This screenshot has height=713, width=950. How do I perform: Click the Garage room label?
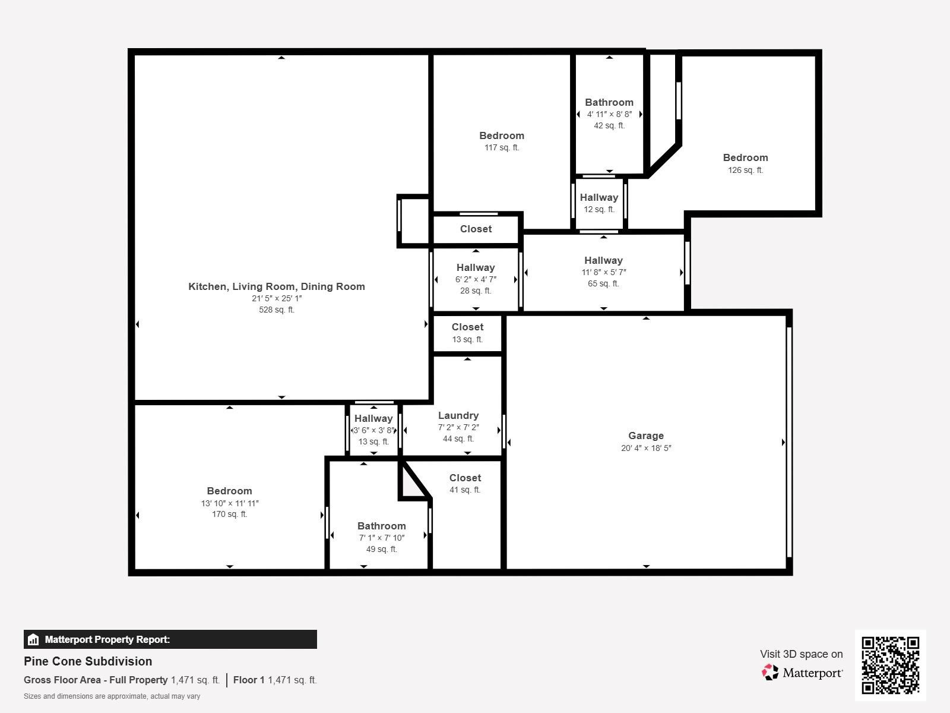(646, 436)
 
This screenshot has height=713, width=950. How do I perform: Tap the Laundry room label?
(458, 415)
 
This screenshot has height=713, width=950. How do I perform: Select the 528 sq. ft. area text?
(277, 310)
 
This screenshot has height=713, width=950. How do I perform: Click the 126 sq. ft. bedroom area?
(745, 170)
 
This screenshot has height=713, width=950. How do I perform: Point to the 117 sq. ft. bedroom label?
(502, 135)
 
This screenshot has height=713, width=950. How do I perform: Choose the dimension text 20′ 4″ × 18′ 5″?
(646, 448)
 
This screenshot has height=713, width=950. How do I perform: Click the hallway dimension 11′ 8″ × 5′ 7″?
(604, 272)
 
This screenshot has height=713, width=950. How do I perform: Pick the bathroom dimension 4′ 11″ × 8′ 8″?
(609, 114)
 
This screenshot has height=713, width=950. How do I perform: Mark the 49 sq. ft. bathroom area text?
(382, 549)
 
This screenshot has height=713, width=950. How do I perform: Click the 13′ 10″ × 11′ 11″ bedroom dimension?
(230, 503)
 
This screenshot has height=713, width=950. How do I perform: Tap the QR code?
(890, 665)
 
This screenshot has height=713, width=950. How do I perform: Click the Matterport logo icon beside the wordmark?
(770, 672)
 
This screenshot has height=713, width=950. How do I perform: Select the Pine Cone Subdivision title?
(88, 661)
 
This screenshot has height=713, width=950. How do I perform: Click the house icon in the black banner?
(33, 640)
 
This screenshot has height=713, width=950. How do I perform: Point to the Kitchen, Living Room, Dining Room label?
(277, 286)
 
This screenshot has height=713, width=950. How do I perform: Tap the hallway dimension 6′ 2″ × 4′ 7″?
(476, 279)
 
